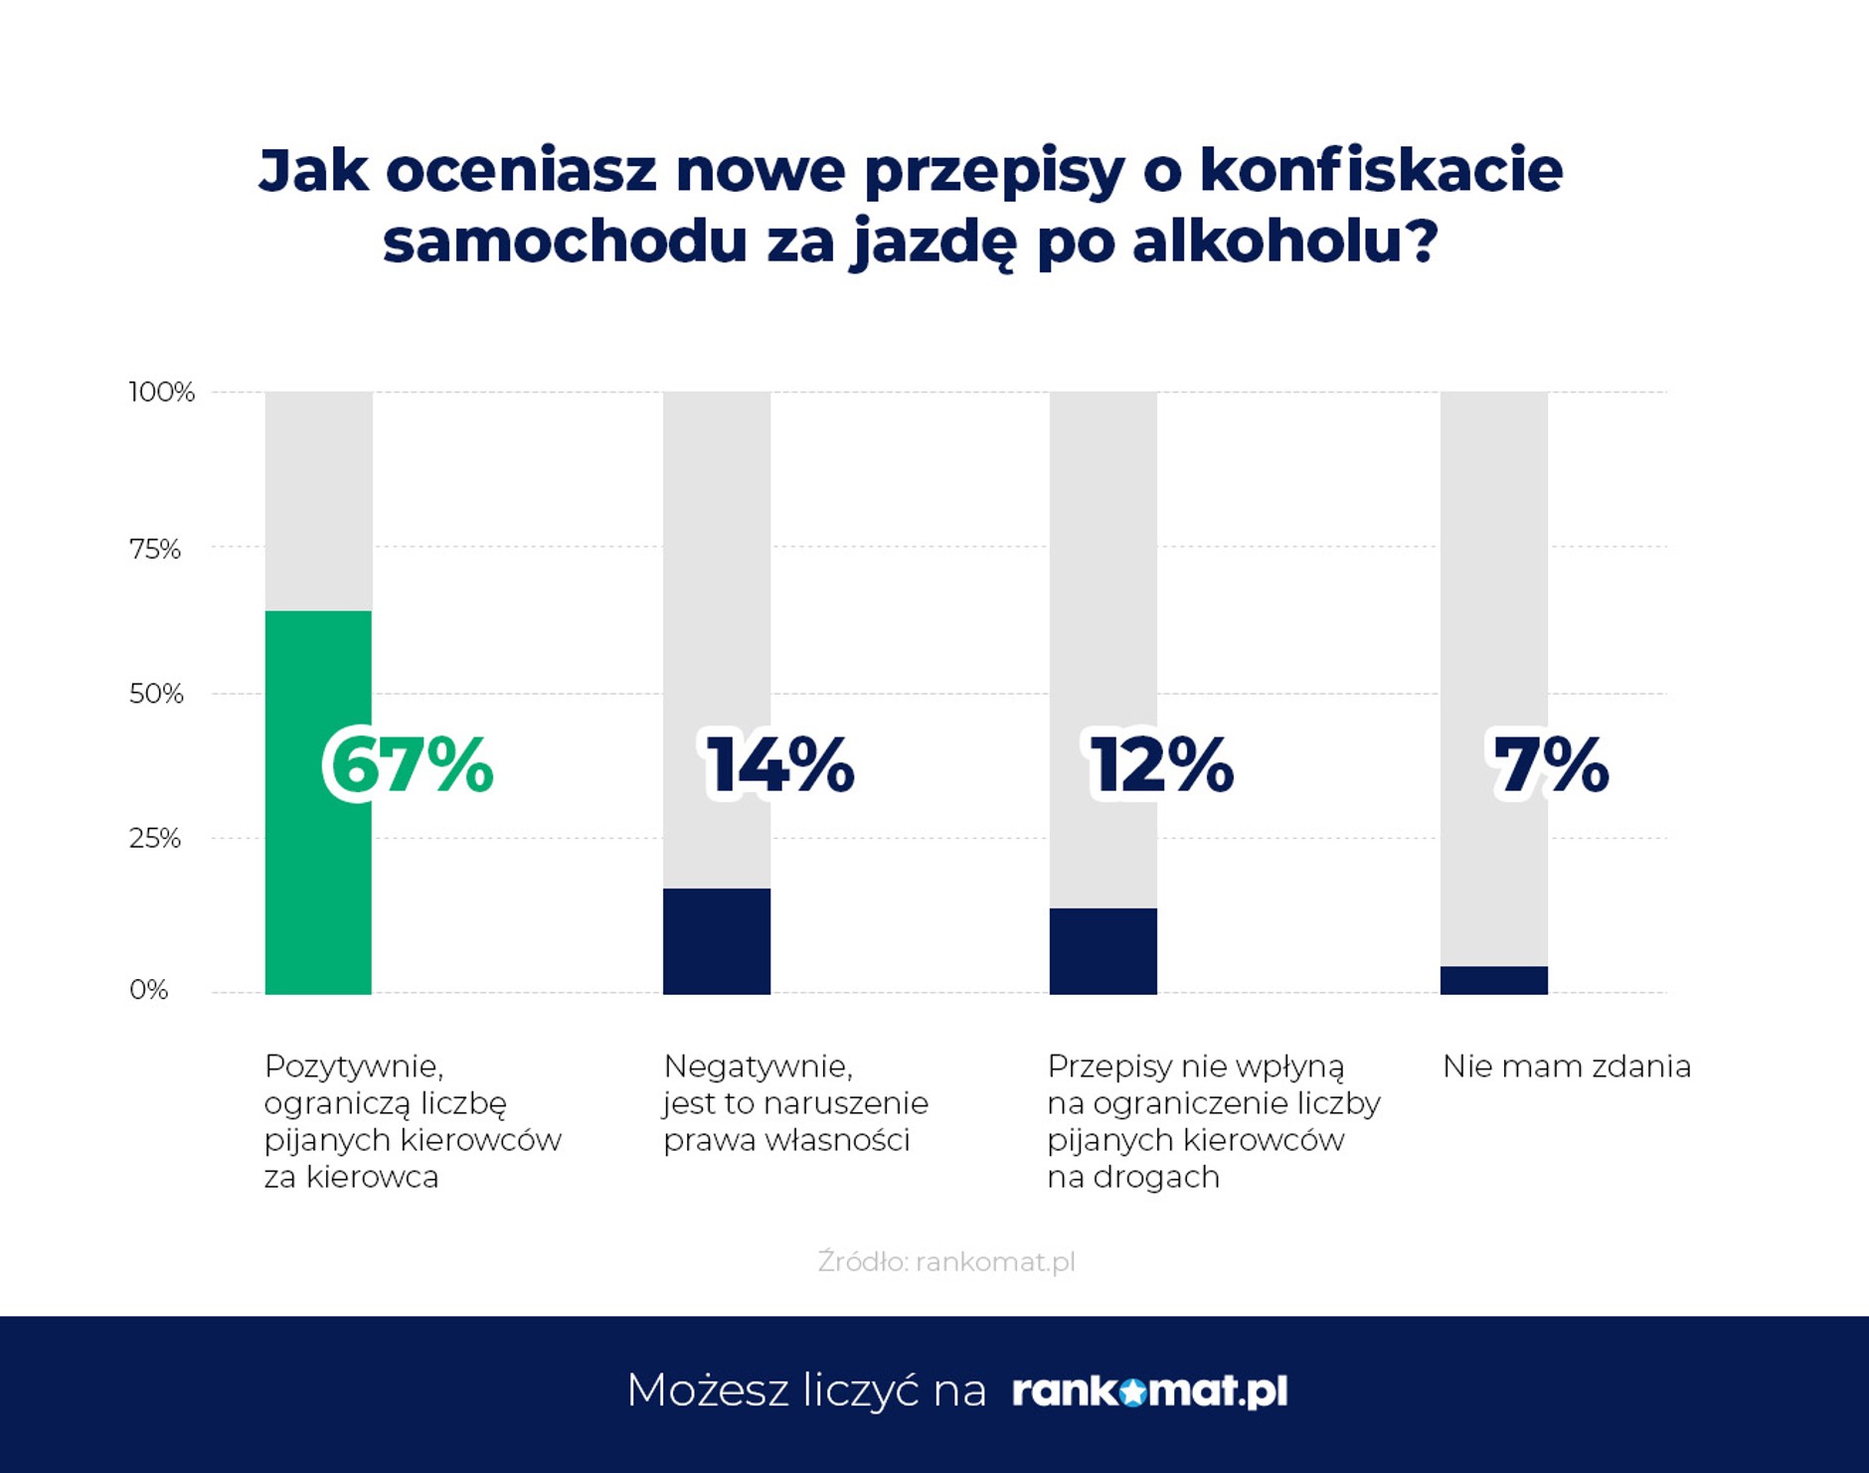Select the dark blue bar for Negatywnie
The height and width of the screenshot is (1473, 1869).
point(717,941)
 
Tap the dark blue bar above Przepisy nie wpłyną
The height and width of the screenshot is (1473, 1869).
point(1103,951)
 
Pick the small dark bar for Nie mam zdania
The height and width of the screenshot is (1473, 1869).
point(1493,980)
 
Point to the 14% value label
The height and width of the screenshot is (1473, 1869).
point(780,765)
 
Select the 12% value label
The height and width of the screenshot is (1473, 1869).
point(1161,765)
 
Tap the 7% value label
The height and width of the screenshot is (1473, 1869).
point(1551,765)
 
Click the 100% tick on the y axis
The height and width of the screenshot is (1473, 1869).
point(161,392)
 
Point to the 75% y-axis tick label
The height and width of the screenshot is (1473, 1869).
point(155,549)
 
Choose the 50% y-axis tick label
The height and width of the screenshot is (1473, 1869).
point(156,694)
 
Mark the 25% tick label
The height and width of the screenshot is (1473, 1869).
point(155,838)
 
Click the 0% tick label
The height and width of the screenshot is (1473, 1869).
point(149,990)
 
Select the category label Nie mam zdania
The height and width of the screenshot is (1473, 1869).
point(1566,1066)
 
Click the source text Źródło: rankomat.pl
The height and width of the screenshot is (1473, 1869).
point(945,1261)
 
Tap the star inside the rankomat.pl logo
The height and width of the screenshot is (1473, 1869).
point(1132,1392)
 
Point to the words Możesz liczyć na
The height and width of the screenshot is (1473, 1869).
point(805,1391)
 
